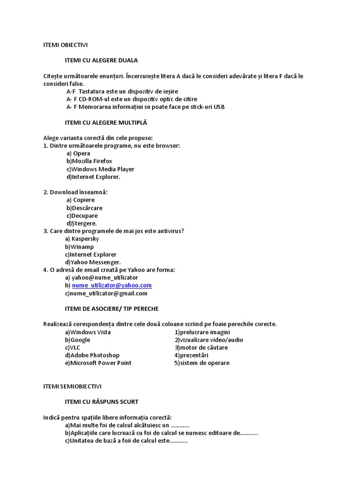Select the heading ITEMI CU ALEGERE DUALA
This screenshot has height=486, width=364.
click(101, 60)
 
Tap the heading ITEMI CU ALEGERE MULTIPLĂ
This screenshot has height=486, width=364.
click(106, 122)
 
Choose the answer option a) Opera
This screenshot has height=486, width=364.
click(78, 153)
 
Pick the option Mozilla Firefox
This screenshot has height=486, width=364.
click(89, 161)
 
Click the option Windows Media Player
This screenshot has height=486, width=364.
click(100, 169)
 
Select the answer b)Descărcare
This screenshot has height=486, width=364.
click(84, 208)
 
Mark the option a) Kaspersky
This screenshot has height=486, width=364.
click(82, 239)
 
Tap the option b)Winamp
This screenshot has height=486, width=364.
click(80, 247)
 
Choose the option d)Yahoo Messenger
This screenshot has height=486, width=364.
click(93, 262)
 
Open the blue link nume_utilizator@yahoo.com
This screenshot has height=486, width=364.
click(112, 285)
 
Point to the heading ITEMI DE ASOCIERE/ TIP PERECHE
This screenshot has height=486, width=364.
click(112, 308)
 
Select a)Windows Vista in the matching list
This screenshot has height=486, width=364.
click(88, 332)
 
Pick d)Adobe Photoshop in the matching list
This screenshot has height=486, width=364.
click(92, 355)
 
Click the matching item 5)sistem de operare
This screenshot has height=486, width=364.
click(202, 363)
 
